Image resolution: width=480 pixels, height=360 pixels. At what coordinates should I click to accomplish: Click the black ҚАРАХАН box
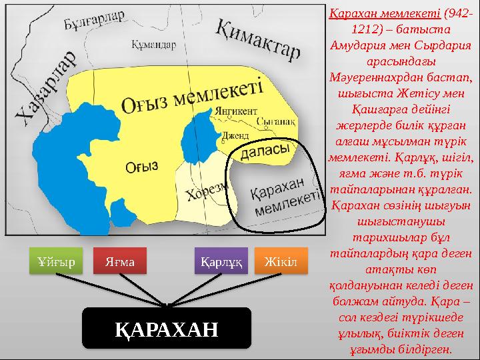tap(167, 328)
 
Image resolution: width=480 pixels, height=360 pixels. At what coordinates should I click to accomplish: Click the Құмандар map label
tap(154, 45)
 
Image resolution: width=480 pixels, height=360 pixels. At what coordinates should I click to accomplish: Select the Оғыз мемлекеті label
tap(193, 97)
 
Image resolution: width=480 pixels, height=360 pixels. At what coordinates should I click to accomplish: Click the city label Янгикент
tap(235, 111)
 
